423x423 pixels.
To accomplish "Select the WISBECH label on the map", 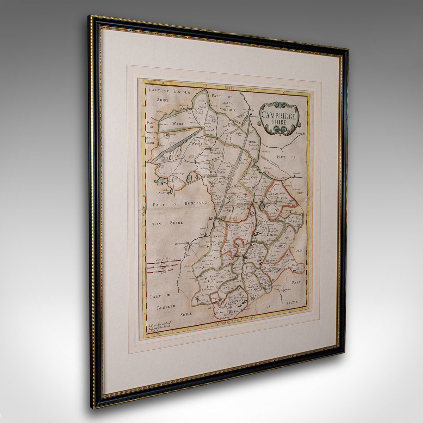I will coord(182,123).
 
